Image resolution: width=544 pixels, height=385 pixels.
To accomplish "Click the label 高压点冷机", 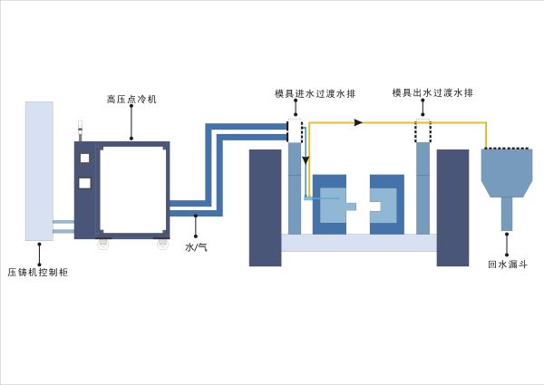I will (x=131, y=100).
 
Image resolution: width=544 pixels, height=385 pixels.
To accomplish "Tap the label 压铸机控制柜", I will (x=38, y=271).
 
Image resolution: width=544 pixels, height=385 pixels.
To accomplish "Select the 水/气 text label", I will (x=196, y=246).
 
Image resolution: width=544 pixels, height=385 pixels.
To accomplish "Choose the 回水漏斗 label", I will (x=506, y=265).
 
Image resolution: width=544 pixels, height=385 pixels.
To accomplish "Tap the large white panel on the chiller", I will (x=132, y=188).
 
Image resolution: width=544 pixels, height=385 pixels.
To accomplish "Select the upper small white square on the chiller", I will (x=85, y=158).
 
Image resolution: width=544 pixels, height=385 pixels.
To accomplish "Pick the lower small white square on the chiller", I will (x=85, y=183).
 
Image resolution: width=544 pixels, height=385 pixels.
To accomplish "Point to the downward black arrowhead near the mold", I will (x=306, y=159).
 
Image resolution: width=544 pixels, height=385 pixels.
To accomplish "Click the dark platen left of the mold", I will (x=266, y=207).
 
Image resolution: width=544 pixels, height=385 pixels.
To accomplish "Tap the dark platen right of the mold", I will (x=452, y=207).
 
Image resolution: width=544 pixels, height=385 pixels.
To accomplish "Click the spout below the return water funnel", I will (x=507, y=215).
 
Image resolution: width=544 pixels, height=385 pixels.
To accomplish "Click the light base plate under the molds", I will (x=359, y=243).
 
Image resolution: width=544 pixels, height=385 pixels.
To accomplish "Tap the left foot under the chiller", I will (x=103, y=243).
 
